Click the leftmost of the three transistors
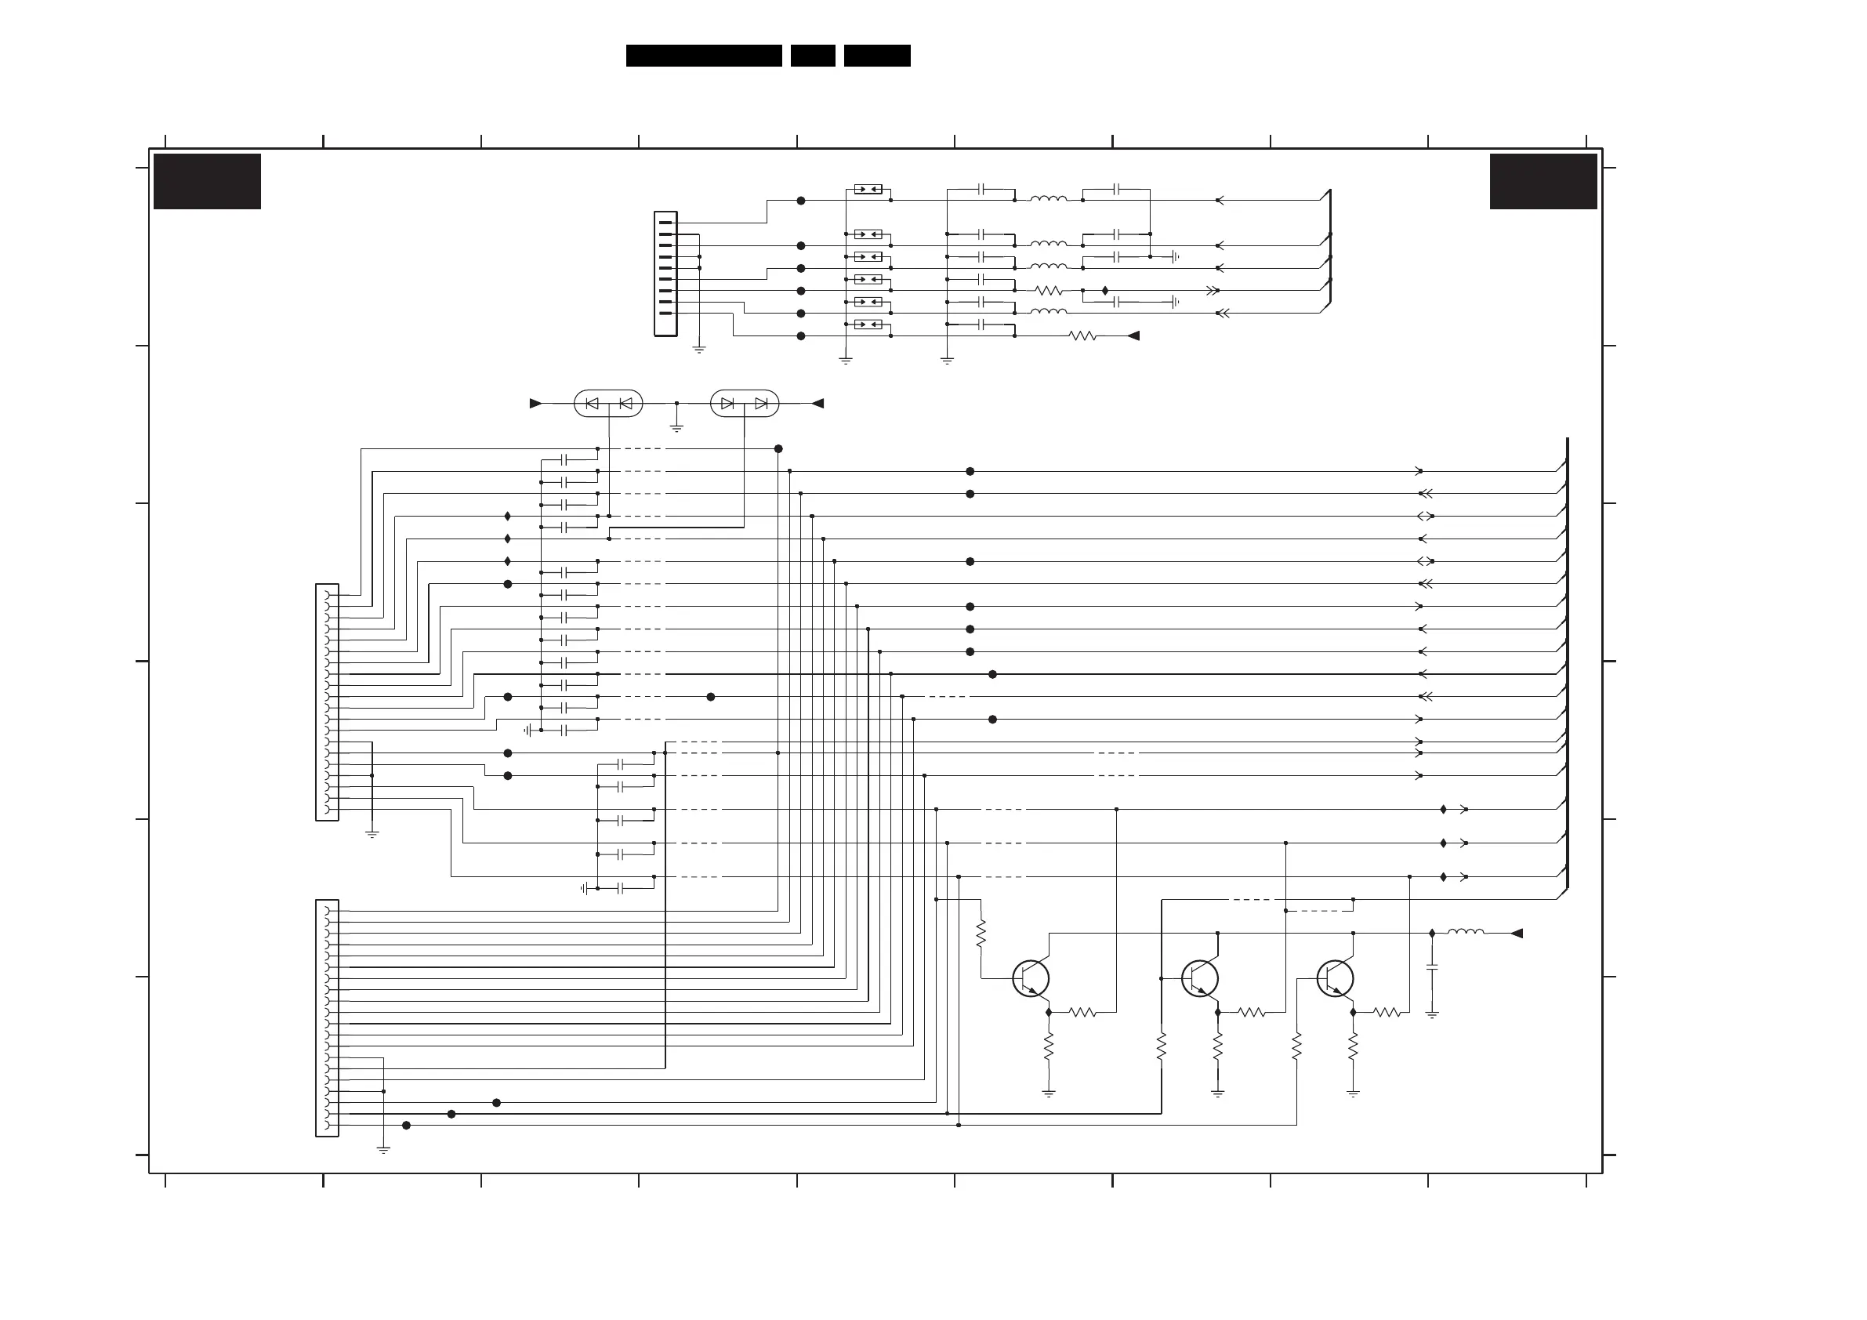point(1031,977)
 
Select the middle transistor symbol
point(1200,977)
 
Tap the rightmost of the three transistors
point(1336,977)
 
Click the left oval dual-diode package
point(608,404)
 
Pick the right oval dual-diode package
point(744,404)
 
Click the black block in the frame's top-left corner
point(208,181)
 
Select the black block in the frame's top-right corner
point(1543,181)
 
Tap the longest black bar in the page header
point(703,56)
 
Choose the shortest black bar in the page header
point(812,56)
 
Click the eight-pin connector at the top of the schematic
point(665,274)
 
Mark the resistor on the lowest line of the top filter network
point(1083,336)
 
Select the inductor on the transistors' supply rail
point(1465,933)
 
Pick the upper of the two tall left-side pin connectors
point(327,702)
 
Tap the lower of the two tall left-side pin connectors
point(327,1017)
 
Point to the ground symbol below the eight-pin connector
point(699,350)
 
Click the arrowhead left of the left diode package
point(535,404)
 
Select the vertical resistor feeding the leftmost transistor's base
point(981,933)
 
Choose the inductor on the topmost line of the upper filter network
point(1048,199)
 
